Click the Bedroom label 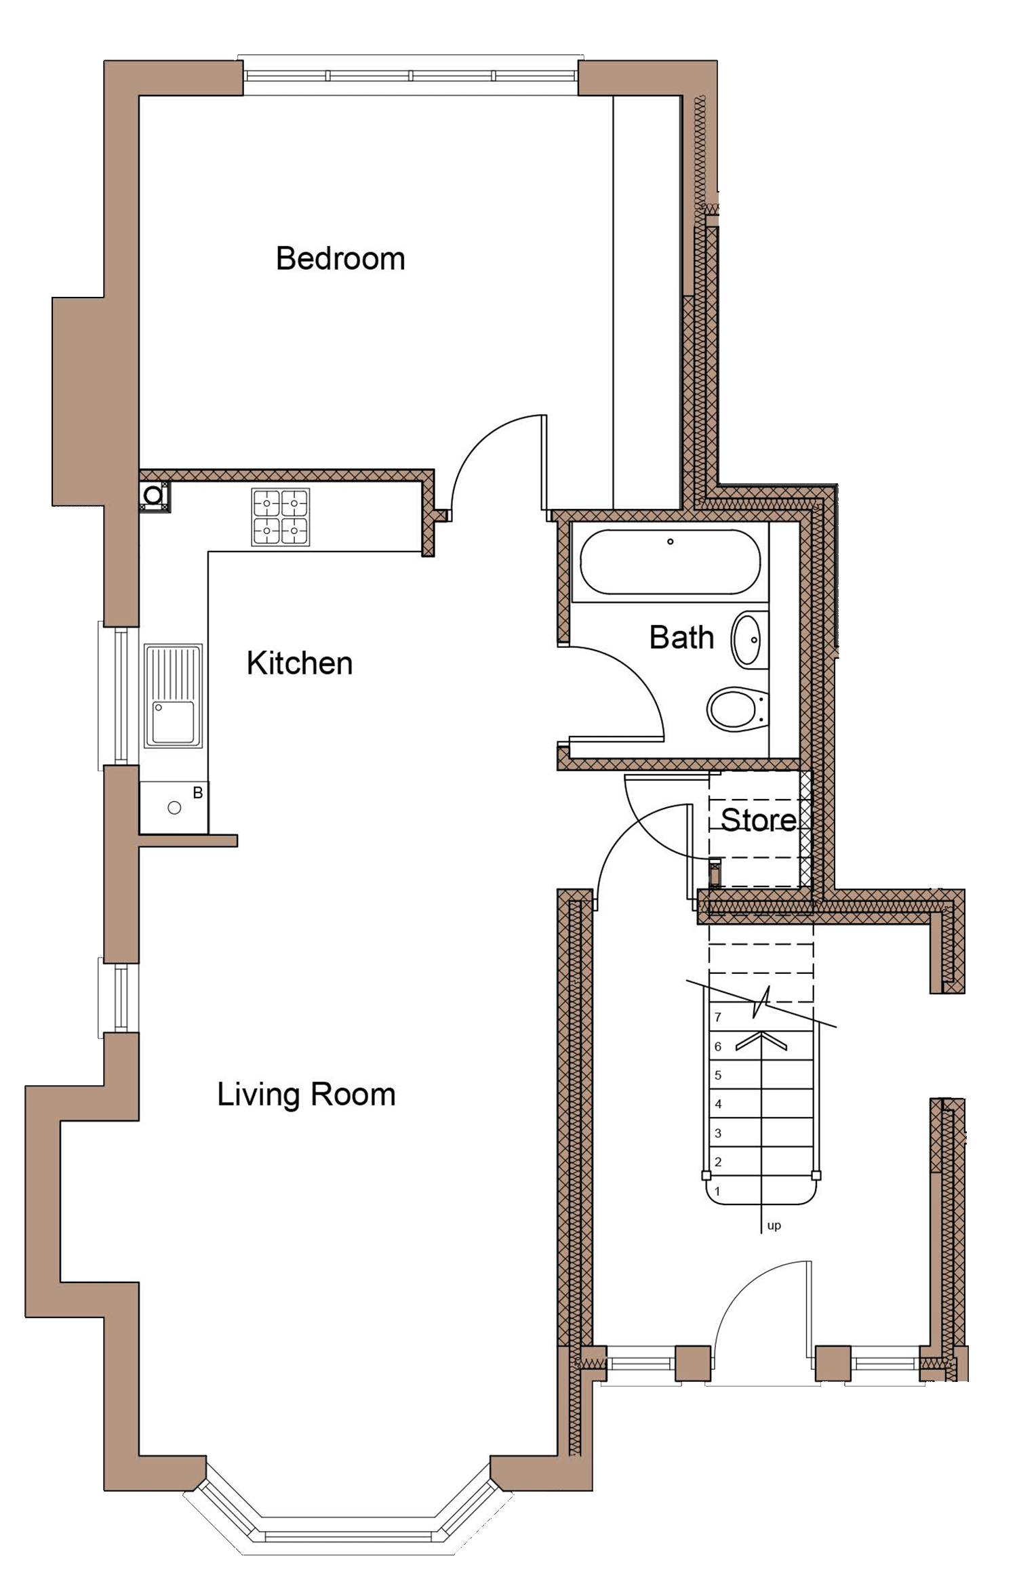(x=340, y=259)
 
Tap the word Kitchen (x=299, y=664)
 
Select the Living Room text (x=306, y=1094)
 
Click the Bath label (x=681, y=638)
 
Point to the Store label (x=758, y=820)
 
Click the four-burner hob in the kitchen (x=281, y=517)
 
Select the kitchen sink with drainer (x=173, y=696)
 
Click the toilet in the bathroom (x=735, y=709)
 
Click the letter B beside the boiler (x=198, y=792)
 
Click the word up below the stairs (x=774, y=1225)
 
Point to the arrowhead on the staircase (x=762, y=1040)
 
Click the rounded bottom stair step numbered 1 (x=759, y=1191)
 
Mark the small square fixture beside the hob (x=153, y=495)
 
